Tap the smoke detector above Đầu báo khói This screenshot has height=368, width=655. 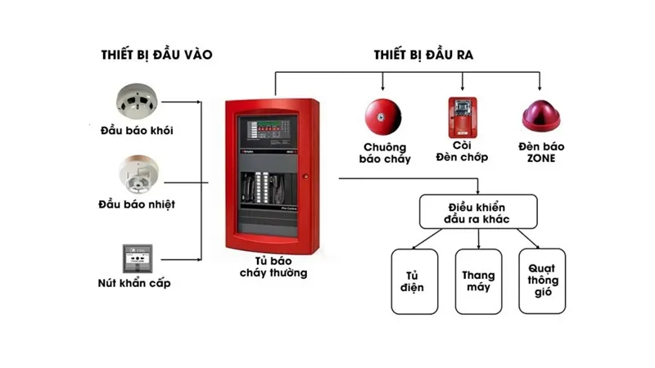(136, 100)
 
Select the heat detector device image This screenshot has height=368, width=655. (136, 173)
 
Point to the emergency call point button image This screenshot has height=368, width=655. (135, 258)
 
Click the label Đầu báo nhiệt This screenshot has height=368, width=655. (138, 204)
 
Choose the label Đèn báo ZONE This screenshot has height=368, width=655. (541, 153)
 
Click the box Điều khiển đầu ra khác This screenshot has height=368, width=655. (478, 212)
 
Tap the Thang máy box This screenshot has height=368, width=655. (478, 280)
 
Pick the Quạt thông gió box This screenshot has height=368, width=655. (541, 280)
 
